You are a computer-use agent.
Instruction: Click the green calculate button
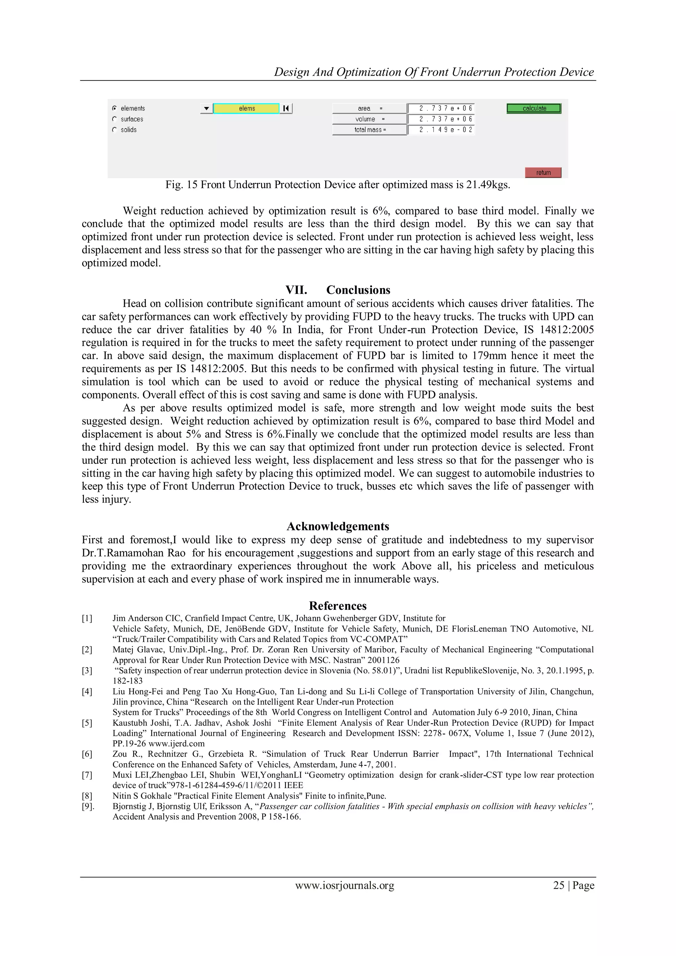pyautogui.click(x=534, y=108)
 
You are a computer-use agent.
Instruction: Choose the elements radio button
pyautogui.click(x=115, y=108)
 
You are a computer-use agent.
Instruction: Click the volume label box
pyautogui.click(x=369, y=119)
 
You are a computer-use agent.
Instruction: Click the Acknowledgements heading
pyautogui.click(x=338, y=526)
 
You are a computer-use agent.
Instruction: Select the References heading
pyautogui.click(x=338, y=605)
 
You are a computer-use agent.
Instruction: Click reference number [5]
pyautogui.click(x=87, y=723)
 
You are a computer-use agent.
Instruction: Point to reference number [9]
pyautogui.click(x=88, y=806)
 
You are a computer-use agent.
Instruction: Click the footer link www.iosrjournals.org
pyautogui.click(x=345, y=885)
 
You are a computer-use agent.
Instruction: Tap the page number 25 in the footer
pyautogui.click(x=558, y=885)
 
